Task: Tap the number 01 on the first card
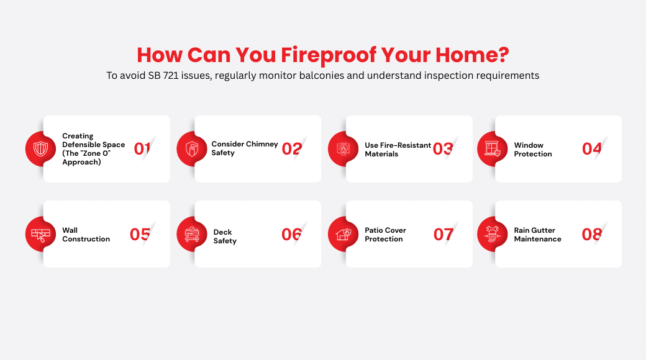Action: (142, 149)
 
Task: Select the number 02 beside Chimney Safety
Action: (291, 149)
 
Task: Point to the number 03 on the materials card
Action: (443, 149)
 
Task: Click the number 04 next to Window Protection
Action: (592, 149)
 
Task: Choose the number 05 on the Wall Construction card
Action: (140, 234)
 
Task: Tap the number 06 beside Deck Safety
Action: (291, 234)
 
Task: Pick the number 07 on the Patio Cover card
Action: (444, 234)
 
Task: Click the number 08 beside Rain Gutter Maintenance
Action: (592, 234)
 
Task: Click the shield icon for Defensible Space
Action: (40, 149)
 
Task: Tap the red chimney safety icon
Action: (192, 149)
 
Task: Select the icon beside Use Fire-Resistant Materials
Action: (343, 149)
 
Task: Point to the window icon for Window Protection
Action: (493, 149)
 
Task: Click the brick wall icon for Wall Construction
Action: (40, 234)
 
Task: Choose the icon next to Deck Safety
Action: (192, 234)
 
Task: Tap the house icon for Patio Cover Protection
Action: (343, 234)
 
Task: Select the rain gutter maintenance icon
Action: (493, 234)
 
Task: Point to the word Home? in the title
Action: (471, 55)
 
